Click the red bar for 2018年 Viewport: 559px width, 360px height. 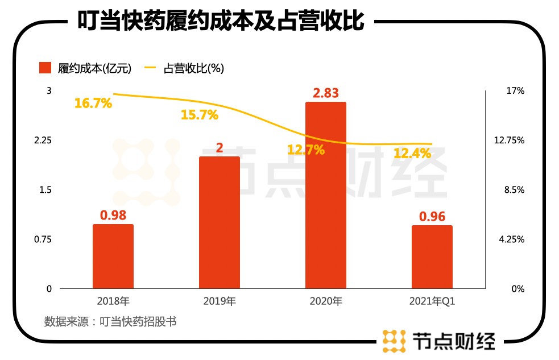[113, 256]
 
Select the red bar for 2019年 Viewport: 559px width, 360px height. [219, 222]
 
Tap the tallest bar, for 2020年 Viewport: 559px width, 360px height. [326, 195]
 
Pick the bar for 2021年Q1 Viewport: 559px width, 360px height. [432, 257]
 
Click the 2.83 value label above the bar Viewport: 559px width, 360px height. [326, 93]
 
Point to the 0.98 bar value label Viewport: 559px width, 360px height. [113, 215]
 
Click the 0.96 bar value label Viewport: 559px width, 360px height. [432, 216]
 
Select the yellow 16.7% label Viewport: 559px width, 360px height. [93, 104]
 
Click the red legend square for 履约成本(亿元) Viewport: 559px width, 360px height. [45, 68]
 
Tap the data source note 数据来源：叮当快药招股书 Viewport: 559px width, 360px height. [110, 321]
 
